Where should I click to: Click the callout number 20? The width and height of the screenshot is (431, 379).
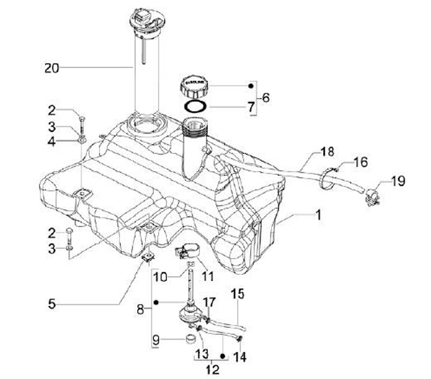52,68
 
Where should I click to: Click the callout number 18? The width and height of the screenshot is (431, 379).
327,153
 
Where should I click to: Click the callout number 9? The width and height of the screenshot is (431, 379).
156,340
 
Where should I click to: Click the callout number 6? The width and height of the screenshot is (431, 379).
266,97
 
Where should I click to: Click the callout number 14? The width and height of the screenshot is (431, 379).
242,357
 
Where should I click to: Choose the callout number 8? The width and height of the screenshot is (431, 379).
141,310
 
